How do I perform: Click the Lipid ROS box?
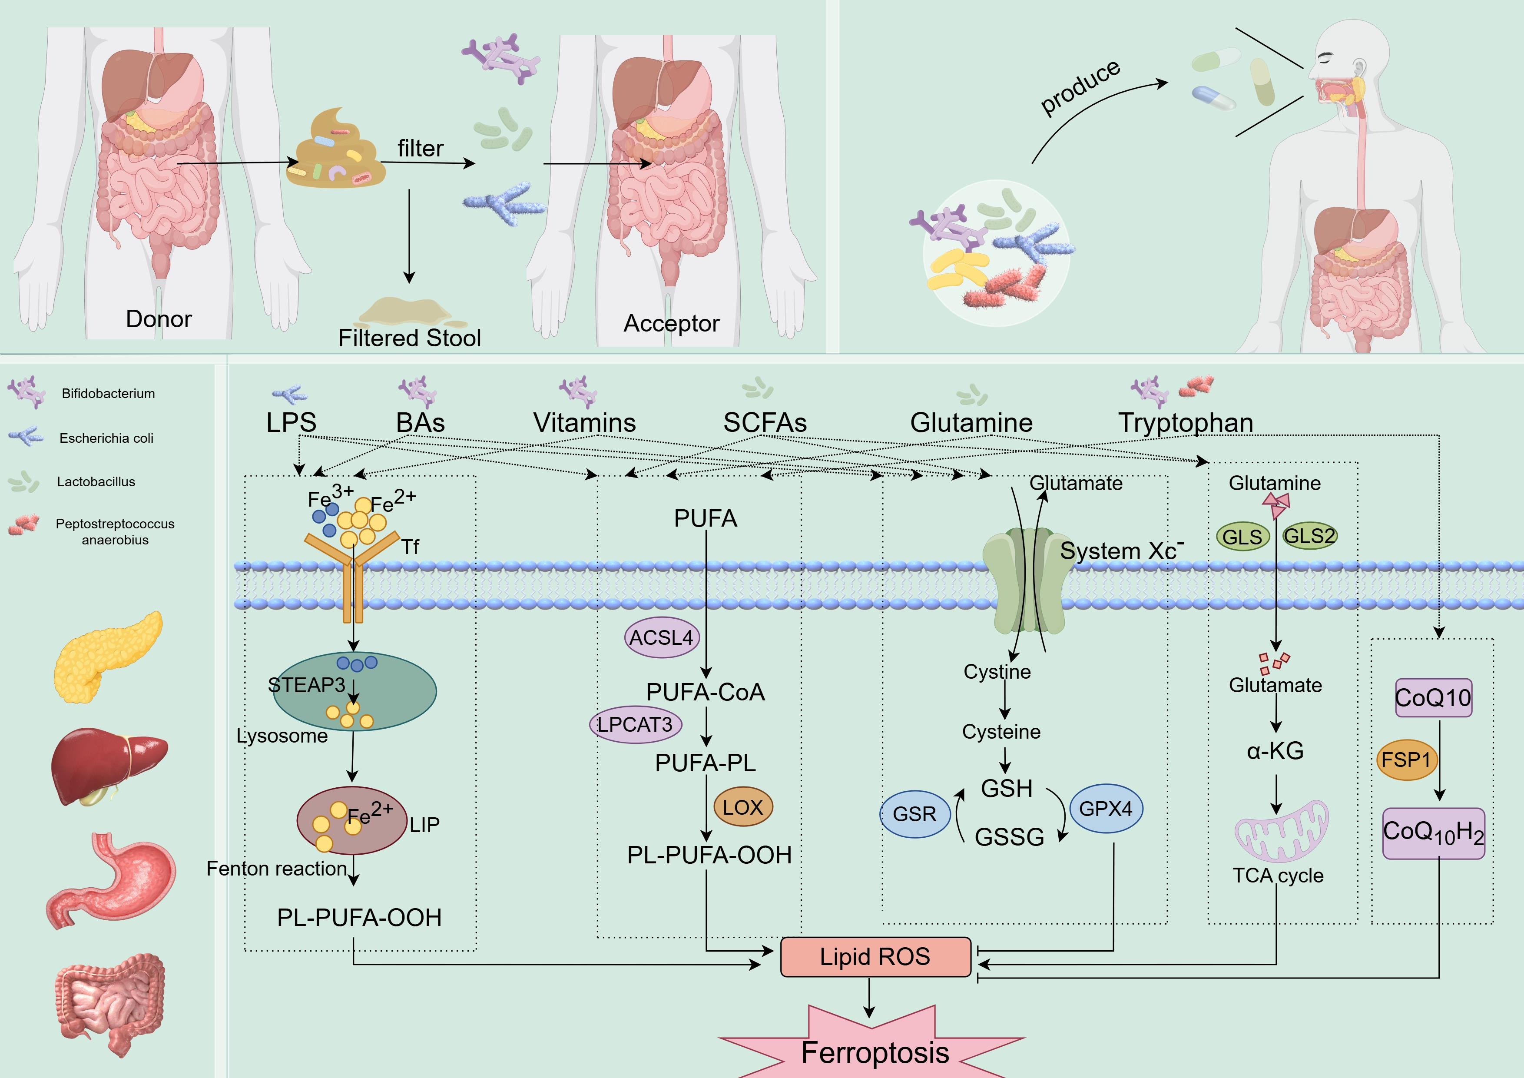[875, 956]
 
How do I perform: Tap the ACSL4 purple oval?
[661, 638]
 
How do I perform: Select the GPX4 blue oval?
[1106, 809]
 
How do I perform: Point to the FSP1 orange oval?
[1406, 760]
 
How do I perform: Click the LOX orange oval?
[743, 807]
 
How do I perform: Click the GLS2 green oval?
[1309, 536]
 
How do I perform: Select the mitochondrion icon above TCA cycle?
[1281, 832]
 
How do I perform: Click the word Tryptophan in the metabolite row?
[1186, 423]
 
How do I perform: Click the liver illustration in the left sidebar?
[108, 767]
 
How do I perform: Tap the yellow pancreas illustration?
[106, 657]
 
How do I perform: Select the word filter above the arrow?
[420, 149]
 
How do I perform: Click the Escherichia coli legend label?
[106, 438]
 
